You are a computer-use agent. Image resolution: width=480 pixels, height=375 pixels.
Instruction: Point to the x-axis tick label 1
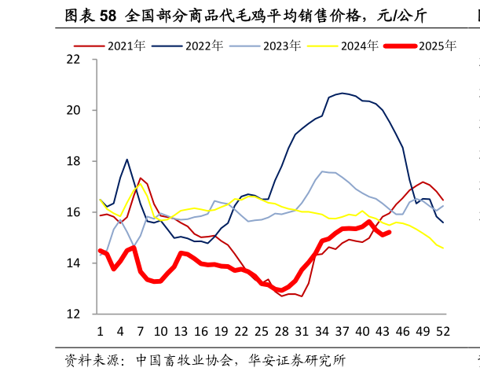tap(100, 332)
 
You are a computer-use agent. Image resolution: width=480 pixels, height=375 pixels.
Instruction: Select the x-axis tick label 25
tap(262, 332)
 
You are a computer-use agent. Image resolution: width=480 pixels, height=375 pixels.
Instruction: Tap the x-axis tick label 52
tap(443, 332)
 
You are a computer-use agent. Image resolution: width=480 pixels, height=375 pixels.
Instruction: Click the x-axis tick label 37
tap(343, 332)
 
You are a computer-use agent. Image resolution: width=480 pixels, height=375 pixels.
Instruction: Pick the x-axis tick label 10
tap(160, 332)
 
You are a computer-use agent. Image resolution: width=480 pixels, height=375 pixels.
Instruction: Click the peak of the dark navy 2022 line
tap(343, 93)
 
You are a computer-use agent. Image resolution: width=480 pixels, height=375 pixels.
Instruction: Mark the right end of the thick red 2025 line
tap(390, 232)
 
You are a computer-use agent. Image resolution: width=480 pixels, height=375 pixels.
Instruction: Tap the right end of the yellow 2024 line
tap(443, 248)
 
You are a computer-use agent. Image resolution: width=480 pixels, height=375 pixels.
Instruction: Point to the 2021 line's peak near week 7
tap(141, 178)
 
